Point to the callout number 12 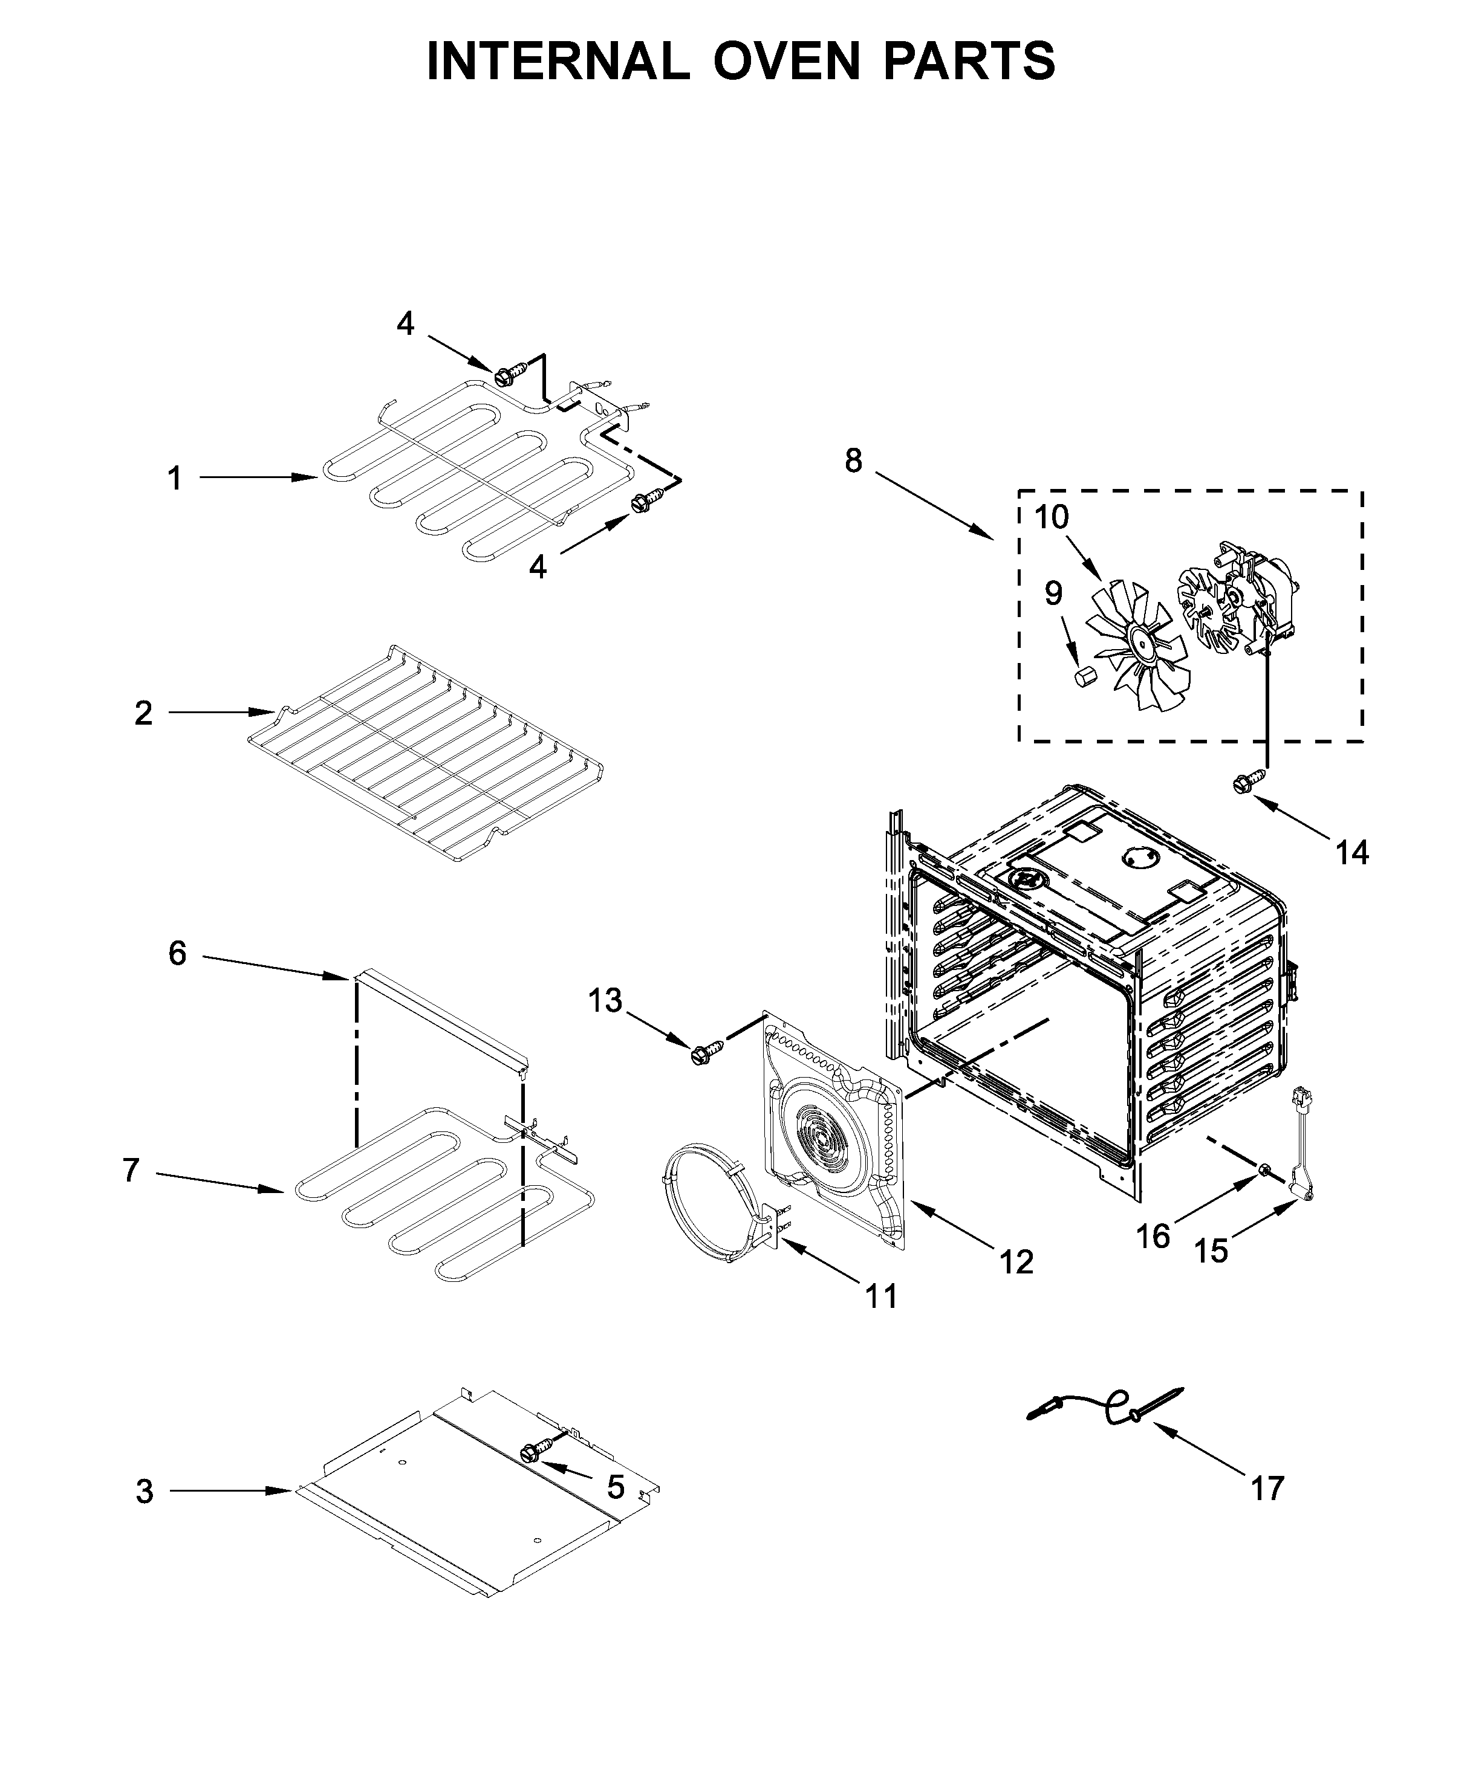pyautogui.click(x=1016, y=1286)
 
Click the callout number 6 pyautogui.click(x=177, y=954)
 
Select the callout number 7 pyautogui.click(x=131, y=1171)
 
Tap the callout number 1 pyautogui.click(x=174, y=478)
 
